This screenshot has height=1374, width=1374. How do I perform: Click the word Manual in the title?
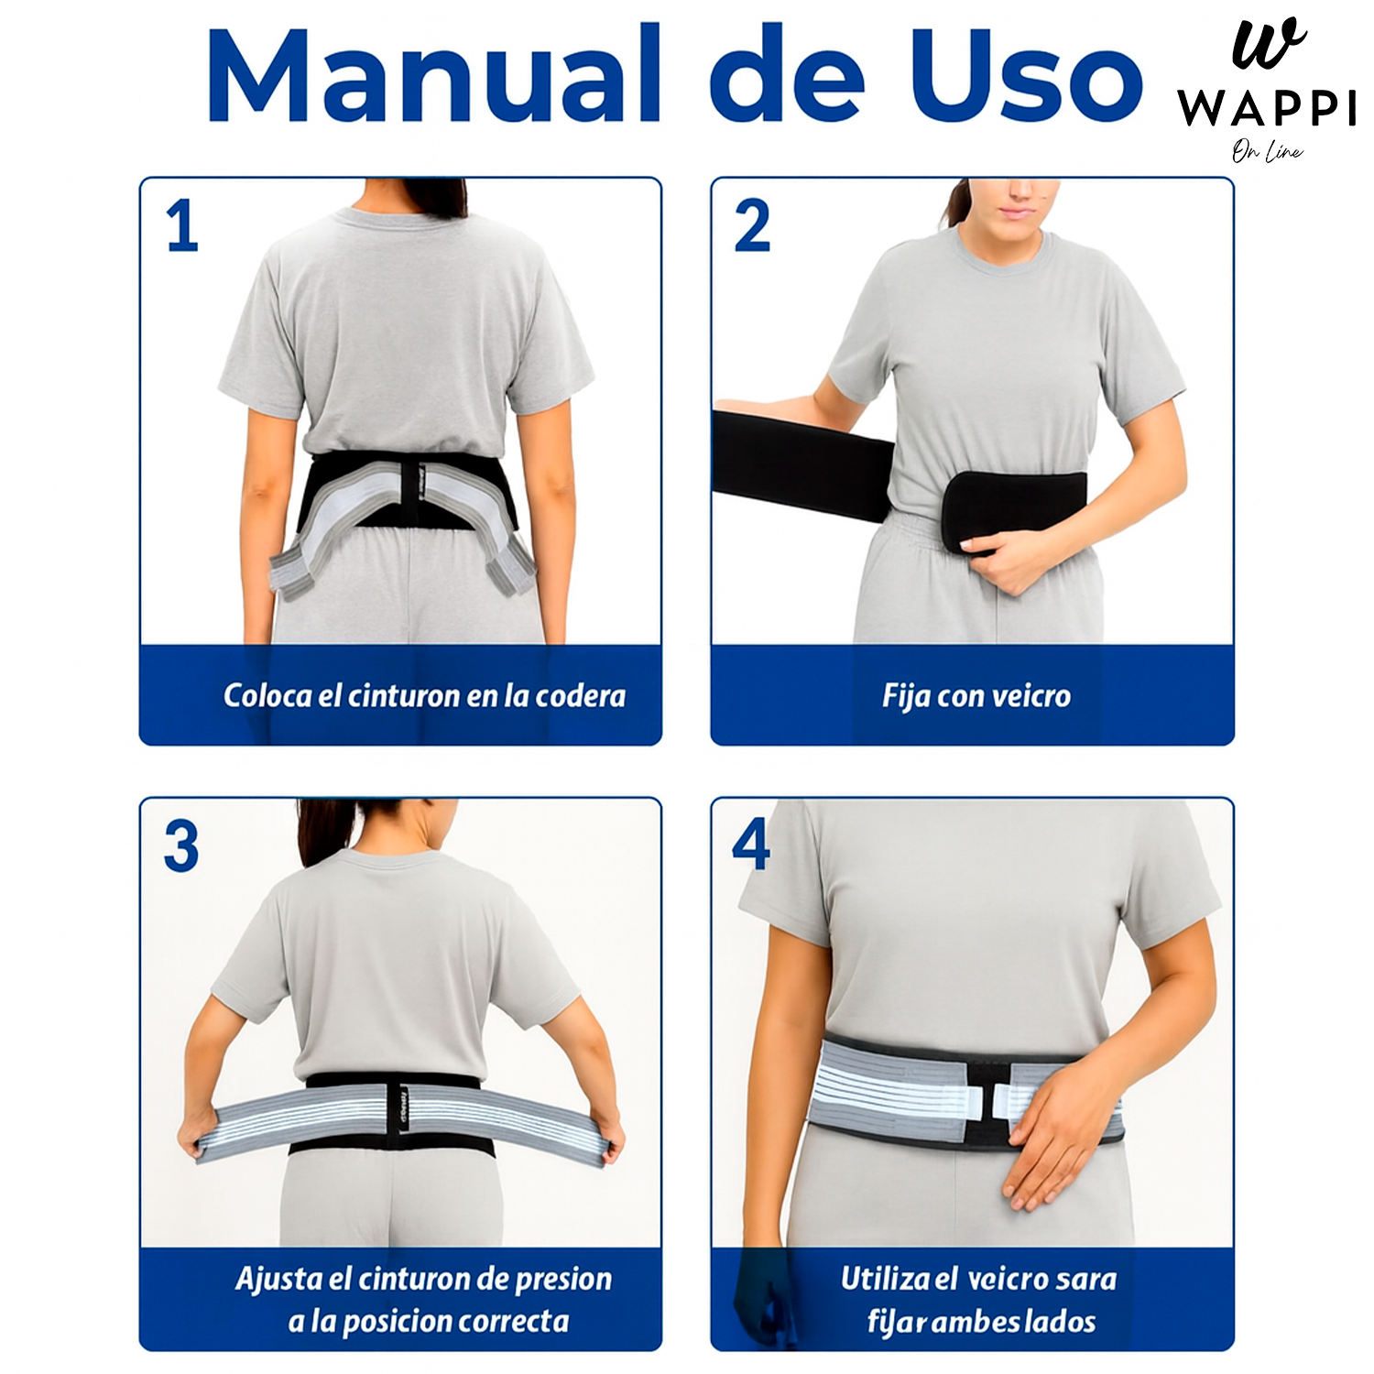click(433, 75)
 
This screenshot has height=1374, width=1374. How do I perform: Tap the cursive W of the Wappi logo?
click(1269, 44)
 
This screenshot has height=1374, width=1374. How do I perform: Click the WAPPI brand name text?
click(1267, 108)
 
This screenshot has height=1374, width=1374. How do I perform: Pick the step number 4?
click(751, 844)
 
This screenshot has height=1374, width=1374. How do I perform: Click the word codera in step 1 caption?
click(580, 696)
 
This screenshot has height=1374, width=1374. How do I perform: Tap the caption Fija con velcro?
click(976, 696)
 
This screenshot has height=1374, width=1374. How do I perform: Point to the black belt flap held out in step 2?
click(801, 463)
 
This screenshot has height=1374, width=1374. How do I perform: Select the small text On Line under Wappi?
click(1267, 151)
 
